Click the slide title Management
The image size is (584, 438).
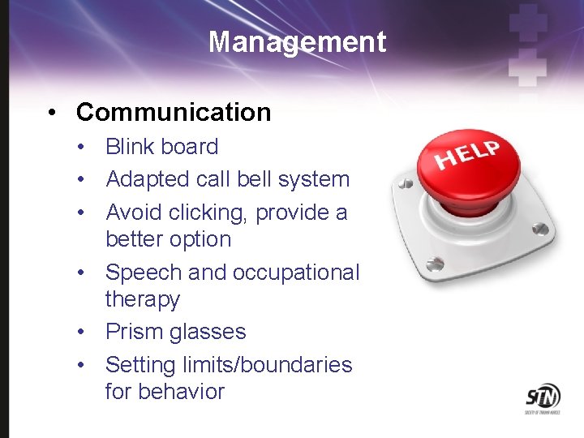click(x=297, y=41)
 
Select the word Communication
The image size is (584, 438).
click(x=174, y=112)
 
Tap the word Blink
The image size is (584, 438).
click(x=130, y=147)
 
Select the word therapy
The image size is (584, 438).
click(x=143, y=299)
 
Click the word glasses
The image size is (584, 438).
click(x=208, y=332)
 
